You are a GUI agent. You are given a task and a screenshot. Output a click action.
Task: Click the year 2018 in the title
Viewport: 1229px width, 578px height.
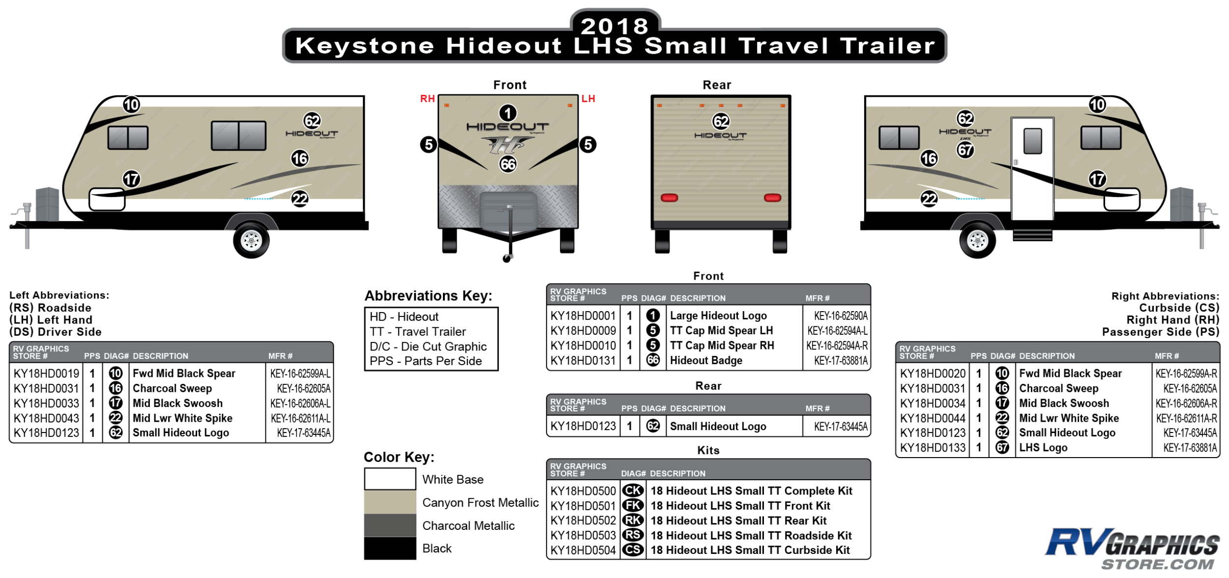pos(614,26)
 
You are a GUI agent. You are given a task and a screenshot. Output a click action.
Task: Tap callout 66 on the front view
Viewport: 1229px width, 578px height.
pos(508,164)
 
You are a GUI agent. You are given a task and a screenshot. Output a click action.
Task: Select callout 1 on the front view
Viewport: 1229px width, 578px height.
pos(508,113)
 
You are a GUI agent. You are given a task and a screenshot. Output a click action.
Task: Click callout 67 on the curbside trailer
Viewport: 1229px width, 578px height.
pos(965,149)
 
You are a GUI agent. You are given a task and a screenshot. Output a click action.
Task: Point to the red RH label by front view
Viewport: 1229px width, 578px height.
pos(427,99)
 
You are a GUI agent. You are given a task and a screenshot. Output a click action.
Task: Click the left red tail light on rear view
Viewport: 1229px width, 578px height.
pos(669,198)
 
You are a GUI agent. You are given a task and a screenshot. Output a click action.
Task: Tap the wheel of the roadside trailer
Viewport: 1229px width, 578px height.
pos(251,240)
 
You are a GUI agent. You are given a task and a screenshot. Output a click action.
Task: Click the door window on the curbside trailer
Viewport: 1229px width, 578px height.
pos(1032,141)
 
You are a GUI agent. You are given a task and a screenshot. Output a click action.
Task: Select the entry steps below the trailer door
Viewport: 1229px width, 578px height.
pos(1032,235)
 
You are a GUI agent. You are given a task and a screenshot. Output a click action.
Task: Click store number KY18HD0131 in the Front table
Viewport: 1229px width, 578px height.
pos(583,360)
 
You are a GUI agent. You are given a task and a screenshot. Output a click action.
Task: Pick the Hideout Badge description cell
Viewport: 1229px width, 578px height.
pos(706,360)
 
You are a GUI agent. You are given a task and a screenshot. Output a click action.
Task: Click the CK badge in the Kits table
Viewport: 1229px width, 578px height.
pos(633,491)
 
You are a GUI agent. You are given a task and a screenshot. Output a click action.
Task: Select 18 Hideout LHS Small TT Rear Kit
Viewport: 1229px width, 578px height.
pos(738,520)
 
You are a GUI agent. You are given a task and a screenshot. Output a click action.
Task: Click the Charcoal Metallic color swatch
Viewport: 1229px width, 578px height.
pos(390,525)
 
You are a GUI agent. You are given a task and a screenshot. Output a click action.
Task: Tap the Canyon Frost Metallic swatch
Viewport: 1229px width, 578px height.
pos(390,502)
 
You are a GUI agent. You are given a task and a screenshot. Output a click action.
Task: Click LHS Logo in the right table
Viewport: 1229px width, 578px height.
pos(1043,448)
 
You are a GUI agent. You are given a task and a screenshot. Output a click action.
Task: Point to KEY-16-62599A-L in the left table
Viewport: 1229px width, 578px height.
pos(300,374)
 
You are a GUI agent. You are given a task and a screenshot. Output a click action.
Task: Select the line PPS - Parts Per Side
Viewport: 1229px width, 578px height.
pos(425,361)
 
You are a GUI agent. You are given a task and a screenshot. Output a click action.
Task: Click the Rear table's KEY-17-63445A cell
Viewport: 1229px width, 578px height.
pos(840,427)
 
